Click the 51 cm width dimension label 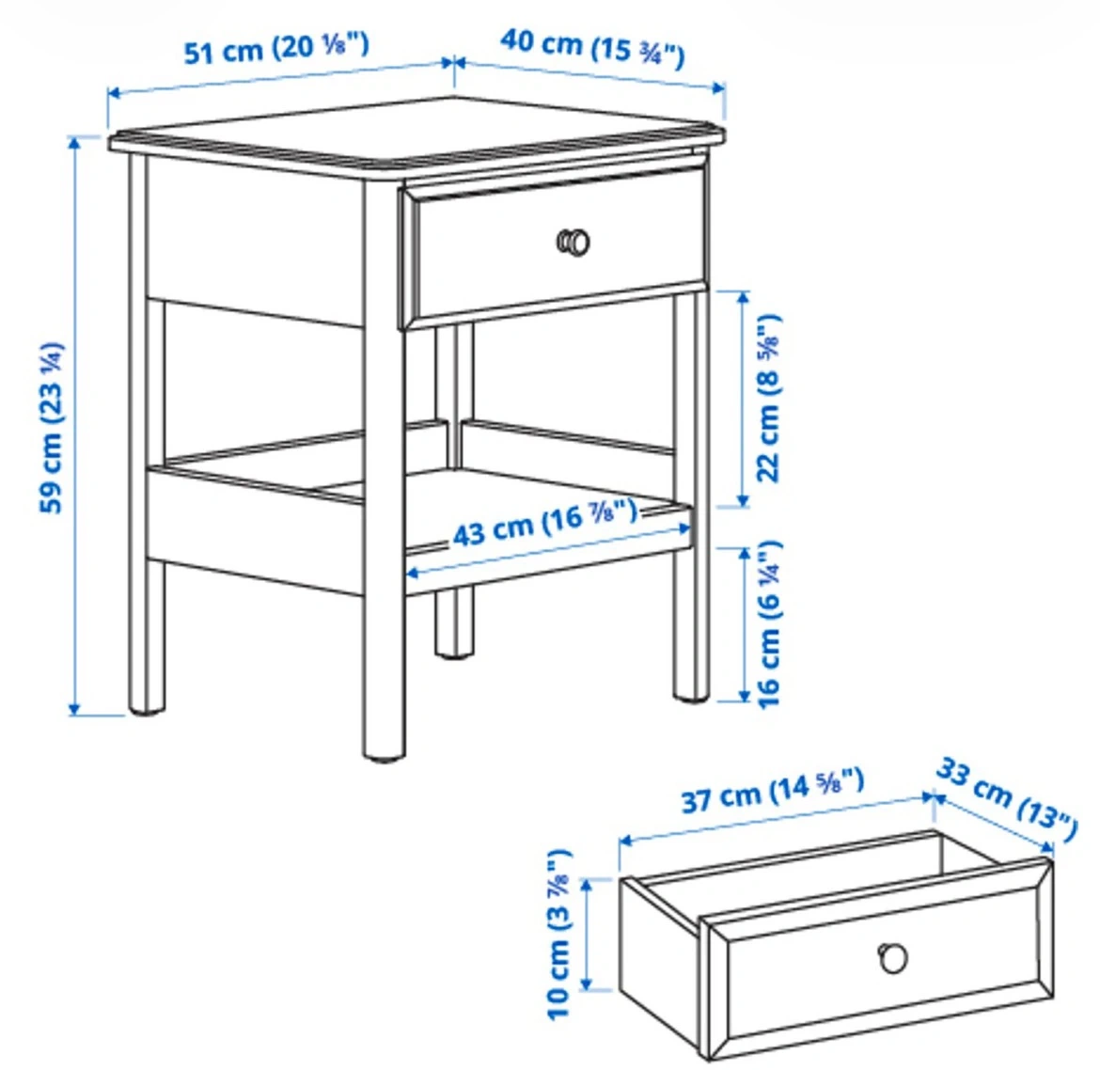[x=275, y=49]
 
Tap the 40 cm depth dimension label [x=592, y=48]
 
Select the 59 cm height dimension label [x=52, y=427]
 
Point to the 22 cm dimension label [x=768, y=398]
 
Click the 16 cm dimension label [x=768, y=624]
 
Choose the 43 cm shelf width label [x=545, y=523]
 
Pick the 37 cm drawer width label [x=773, y=791]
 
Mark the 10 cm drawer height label [x=559, y=934]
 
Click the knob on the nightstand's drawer [x=574, y=242]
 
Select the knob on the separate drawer [x=893, y=958]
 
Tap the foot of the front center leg [x=384, y=756]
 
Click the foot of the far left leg [x=148, y=709]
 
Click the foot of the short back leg [x=453, y=653]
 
